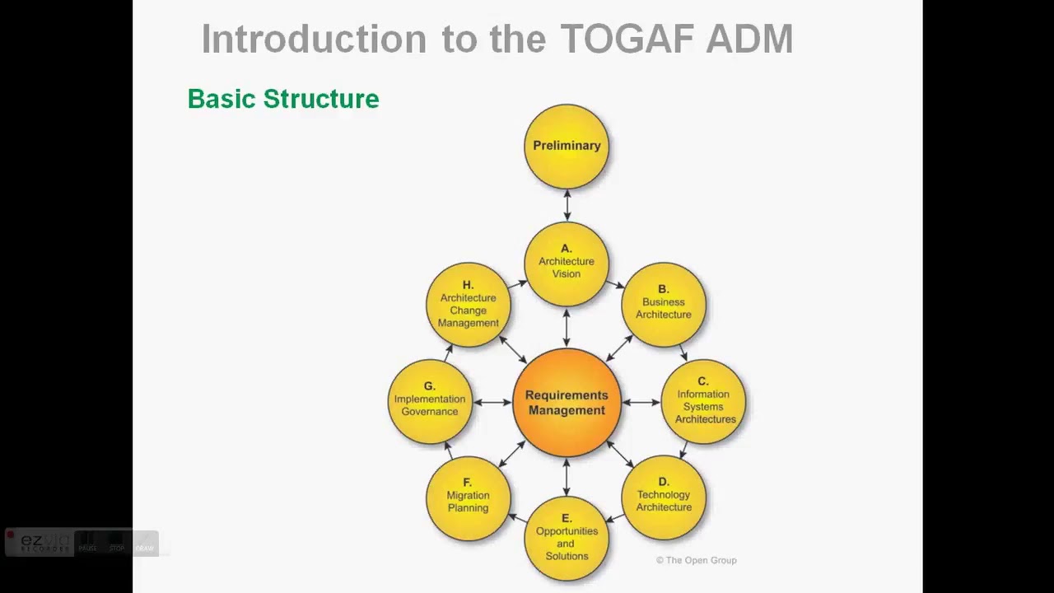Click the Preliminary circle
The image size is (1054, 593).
567,146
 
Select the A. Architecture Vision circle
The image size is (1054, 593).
567,263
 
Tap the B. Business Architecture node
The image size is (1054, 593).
664,303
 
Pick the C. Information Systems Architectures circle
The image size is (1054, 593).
704,402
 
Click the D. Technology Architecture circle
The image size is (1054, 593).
664,497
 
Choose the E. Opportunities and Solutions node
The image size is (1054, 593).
567,538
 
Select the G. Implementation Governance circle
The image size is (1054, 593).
429,401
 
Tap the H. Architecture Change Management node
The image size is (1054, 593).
468,304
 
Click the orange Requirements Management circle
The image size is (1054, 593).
567,402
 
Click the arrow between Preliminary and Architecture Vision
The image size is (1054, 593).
567,205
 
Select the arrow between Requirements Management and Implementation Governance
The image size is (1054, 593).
492,402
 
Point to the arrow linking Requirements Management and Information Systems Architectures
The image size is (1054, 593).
641,402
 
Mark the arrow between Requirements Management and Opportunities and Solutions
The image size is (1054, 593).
567,476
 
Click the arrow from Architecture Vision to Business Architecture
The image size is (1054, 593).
615,284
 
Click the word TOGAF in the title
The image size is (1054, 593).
616,40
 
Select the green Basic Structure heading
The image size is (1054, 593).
283,99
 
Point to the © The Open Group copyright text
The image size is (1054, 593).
696,560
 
